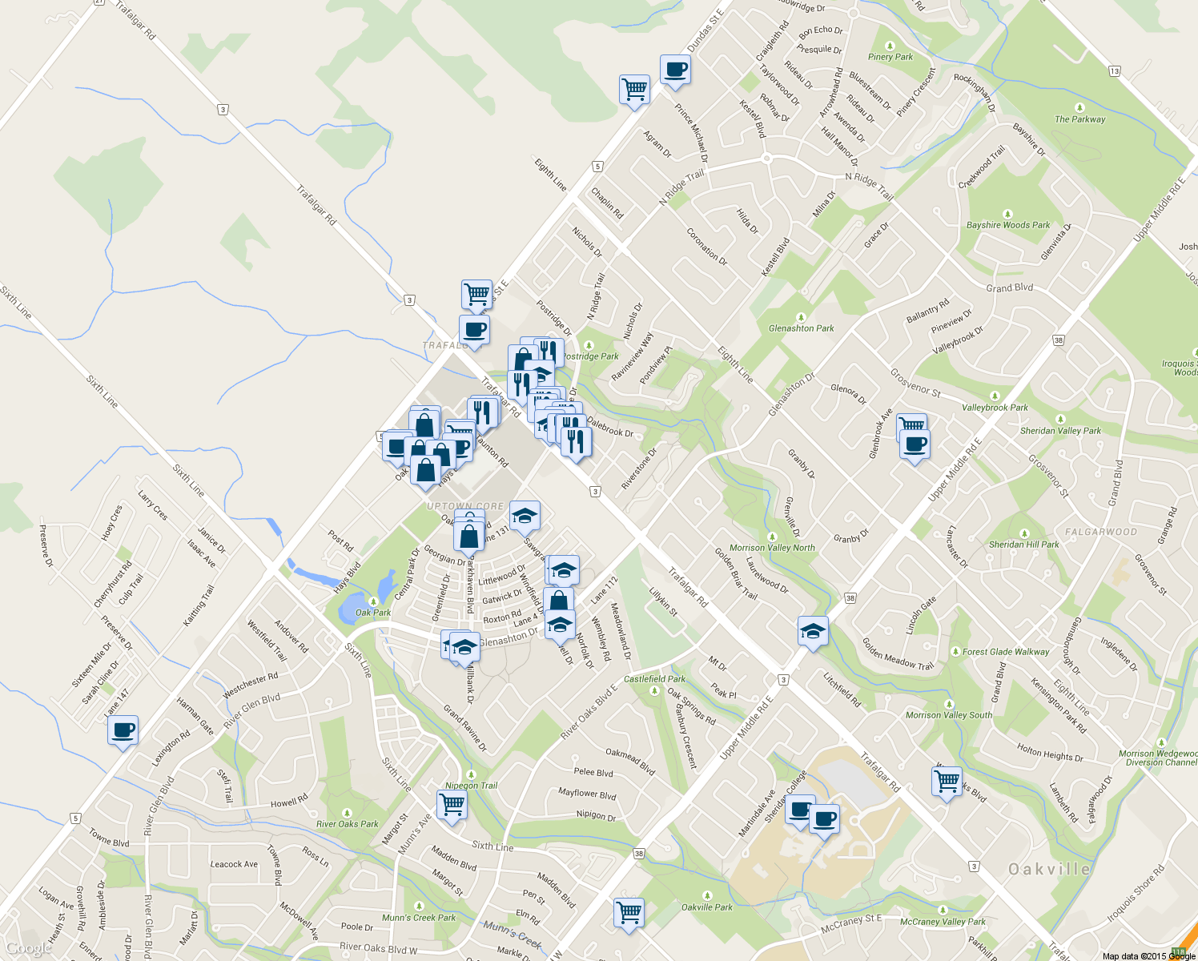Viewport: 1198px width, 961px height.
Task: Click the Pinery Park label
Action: (890, 57)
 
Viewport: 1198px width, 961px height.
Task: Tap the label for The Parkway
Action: (1079, 119)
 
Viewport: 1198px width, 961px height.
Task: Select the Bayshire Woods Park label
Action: (1007, 225)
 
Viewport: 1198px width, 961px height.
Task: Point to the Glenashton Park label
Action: (801, 328)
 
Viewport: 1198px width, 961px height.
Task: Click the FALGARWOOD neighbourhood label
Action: (1100, 532)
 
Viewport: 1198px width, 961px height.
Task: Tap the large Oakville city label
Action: (1049, 869)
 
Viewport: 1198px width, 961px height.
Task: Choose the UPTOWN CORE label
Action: (465, 507)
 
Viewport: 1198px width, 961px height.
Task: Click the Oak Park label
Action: (373, 613)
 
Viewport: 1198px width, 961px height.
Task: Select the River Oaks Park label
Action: (347, 824)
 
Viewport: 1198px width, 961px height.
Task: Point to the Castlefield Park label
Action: (654, 679)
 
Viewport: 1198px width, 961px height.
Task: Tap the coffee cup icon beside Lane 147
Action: (123, 730)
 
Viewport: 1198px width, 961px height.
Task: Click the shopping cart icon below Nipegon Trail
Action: (452, 805)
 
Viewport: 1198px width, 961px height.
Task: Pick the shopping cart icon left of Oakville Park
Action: (629, 913)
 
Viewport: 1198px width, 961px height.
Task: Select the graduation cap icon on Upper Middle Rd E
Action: (813, 632)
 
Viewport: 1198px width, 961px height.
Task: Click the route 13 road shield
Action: (1115, 71)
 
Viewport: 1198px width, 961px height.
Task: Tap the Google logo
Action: (29, 949)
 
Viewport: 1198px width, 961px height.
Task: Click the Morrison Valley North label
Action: (772, 548)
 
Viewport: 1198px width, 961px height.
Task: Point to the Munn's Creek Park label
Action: (418, 918)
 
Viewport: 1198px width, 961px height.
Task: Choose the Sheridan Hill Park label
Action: (1023, 545)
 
